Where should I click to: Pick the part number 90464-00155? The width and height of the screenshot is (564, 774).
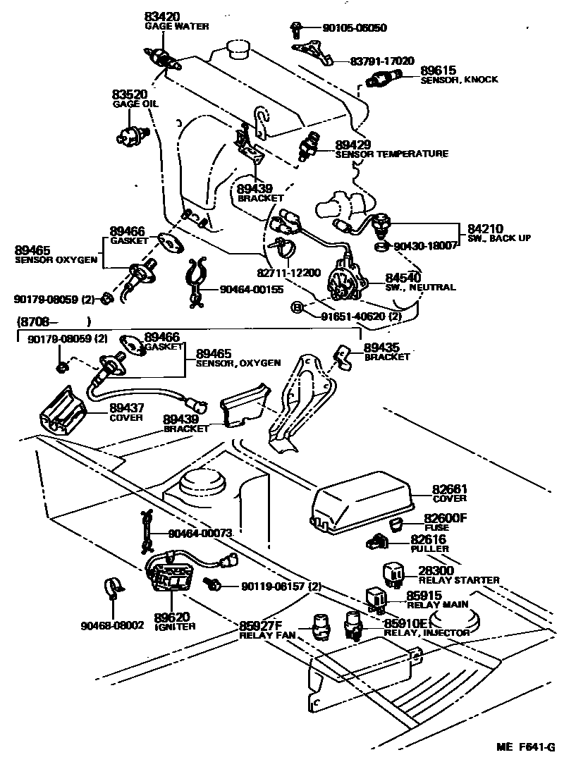pyautogui.click(x=251, y=288)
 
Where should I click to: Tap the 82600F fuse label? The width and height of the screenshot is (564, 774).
pyautogui.click(x=445, y=518)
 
